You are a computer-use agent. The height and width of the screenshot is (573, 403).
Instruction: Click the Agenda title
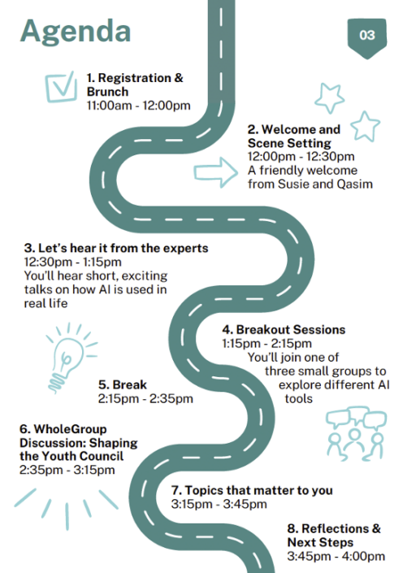click(x=76, y=33)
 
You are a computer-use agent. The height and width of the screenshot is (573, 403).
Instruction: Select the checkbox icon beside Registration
click(x=61, y=87)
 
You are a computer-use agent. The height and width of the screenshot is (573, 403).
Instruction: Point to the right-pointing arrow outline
click(x=215, y=172)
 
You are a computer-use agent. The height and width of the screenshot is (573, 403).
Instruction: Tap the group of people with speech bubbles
click(x=356, y=433)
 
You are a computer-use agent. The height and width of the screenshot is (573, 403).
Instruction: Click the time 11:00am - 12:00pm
click(x=138, y=106)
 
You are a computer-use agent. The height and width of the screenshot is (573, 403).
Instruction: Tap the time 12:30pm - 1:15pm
click(x=72, y=262)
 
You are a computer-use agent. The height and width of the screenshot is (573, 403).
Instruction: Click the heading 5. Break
click(x=123, y=384)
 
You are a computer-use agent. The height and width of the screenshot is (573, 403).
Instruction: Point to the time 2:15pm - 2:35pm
click(x=145, y=399)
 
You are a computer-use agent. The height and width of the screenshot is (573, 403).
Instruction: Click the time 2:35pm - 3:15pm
click(x=67, y=470)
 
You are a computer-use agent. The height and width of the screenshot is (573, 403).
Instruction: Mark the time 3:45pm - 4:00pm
click(x=336, y=557)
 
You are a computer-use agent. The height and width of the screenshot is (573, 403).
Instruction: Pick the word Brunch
click(x=107, y=92)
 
